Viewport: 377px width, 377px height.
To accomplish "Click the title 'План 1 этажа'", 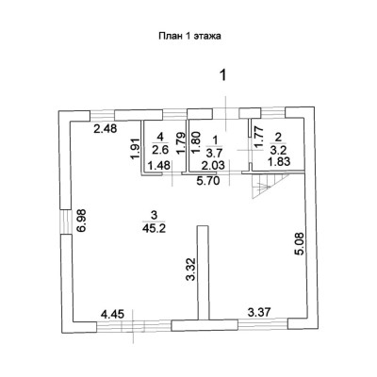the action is (189, 36).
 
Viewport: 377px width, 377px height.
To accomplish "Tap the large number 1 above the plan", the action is (223, 75).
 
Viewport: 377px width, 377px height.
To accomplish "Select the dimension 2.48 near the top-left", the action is (106, 129).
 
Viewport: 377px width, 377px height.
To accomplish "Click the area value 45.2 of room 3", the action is (154, 228).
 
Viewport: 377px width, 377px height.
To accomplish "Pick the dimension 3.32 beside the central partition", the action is (191, 269).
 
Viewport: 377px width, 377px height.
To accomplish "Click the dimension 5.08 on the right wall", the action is (300, 243).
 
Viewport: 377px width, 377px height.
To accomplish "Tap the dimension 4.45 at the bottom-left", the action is (112, 314).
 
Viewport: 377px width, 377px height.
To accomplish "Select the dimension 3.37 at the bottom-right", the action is (259, 312).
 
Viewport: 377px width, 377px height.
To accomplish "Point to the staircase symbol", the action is (270, 187).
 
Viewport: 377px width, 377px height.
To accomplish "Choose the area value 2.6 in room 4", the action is (160, 150).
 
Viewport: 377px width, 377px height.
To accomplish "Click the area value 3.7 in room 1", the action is (215, 153).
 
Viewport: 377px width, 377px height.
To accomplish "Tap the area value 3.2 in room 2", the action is (278, 151).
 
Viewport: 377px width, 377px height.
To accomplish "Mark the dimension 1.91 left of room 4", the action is (135, 149).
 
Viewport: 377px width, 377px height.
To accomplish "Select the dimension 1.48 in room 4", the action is (159, 165).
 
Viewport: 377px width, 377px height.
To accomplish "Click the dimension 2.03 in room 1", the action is (213, 165).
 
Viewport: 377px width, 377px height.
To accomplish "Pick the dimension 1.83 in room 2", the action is (278, 162).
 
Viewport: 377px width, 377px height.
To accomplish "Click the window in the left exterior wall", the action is (66, 221).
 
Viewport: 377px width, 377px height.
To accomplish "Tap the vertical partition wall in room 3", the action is (204, 272).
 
